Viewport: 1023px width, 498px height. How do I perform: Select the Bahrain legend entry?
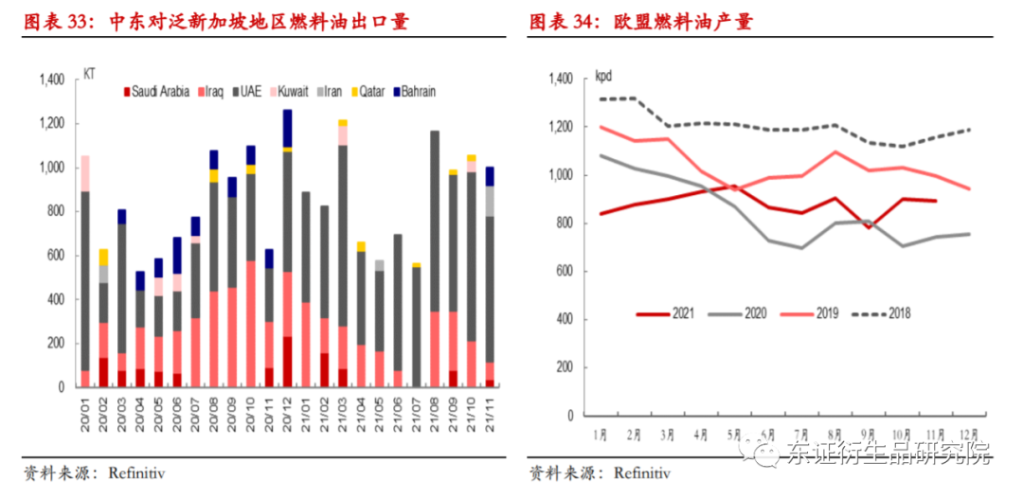[413, 92]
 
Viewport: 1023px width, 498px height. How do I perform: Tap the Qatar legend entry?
[367, 92]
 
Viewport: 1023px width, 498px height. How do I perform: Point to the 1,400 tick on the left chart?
[49, 80]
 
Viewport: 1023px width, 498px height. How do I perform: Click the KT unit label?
[89, 73]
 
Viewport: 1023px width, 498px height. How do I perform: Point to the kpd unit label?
[603, 76]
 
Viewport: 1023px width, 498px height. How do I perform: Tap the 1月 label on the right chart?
[599, 435]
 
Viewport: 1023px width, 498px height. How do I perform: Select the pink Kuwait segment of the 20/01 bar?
[85, 173]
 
